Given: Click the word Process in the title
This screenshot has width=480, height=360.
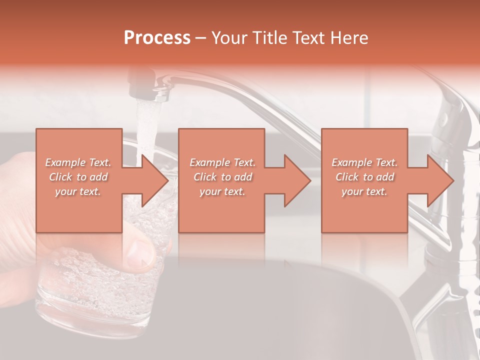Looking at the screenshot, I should tap(157, 38).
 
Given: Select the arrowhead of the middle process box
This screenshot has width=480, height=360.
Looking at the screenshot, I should tap(297, 180).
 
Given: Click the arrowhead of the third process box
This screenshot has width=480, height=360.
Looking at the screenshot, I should tap(440, 180).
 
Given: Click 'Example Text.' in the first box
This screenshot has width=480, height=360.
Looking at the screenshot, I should tap(78, 162).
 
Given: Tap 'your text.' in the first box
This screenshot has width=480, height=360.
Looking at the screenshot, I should tap(78, 191).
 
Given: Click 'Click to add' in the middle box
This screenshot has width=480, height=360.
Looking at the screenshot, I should tap(222, 177).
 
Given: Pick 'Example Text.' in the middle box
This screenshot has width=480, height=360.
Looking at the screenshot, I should tap(222, 162).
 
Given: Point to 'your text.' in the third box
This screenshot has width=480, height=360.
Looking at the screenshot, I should tap(364, 191).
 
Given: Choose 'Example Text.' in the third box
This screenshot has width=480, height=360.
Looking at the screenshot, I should tap(364, 162).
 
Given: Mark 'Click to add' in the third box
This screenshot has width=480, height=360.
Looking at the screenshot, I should tap(364, 177).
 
